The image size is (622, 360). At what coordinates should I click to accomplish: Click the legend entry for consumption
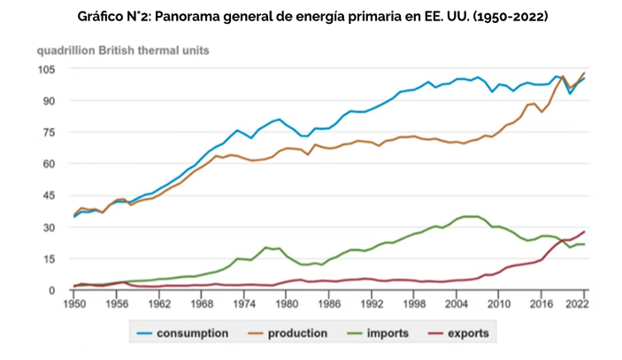pyautogui.click(x=192, y=333)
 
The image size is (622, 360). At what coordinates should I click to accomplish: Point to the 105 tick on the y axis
pyautogui.click(x=46, y=69)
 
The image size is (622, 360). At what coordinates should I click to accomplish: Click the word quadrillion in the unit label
pyautogui.click(x=67, y=50)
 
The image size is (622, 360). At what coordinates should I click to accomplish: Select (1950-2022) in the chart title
pyautogui.click(x=488, y=17)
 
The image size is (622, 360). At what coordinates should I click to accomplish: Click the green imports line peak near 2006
pyautogui.click(x=471, y=216)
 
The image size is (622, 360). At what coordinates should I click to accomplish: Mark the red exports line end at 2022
pyautogui.click(x=584, y=232)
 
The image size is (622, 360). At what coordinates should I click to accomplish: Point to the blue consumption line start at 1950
pyautogui.click(x=74, y=216)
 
